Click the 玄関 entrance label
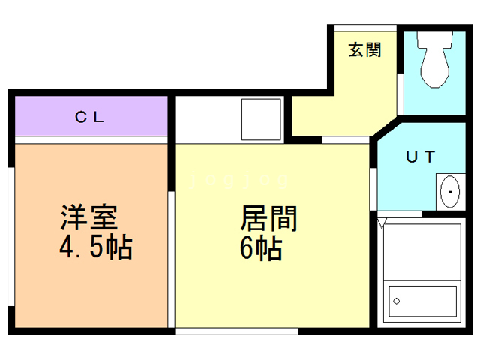364,50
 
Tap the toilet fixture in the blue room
433,64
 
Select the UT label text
420,157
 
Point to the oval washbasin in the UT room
448,193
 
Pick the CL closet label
92,118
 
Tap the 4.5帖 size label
96,247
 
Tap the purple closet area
135,116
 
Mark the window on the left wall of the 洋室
10,232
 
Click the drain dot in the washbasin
450,193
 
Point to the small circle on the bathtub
397,303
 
